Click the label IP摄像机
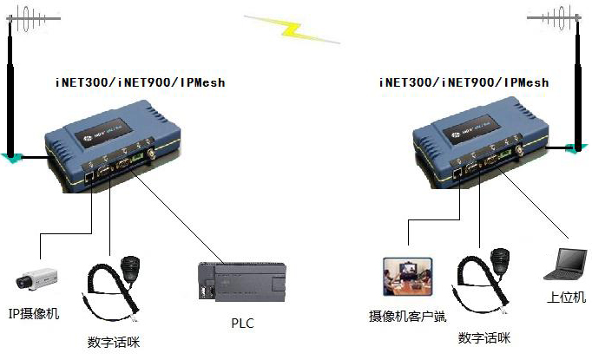[34, 314]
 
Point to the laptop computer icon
[563, 264]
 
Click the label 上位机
[567, 298]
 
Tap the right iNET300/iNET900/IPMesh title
[464, 83]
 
